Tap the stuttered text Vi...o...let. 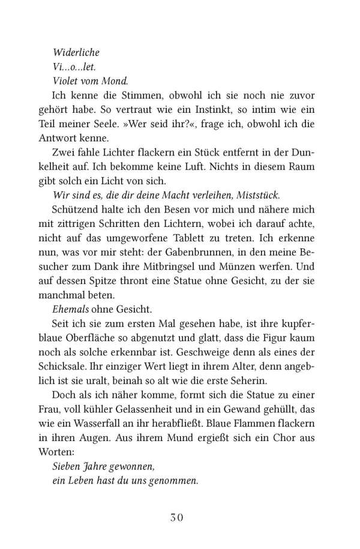(x=71, y=67)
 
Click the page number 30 (x=181, y=517)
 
